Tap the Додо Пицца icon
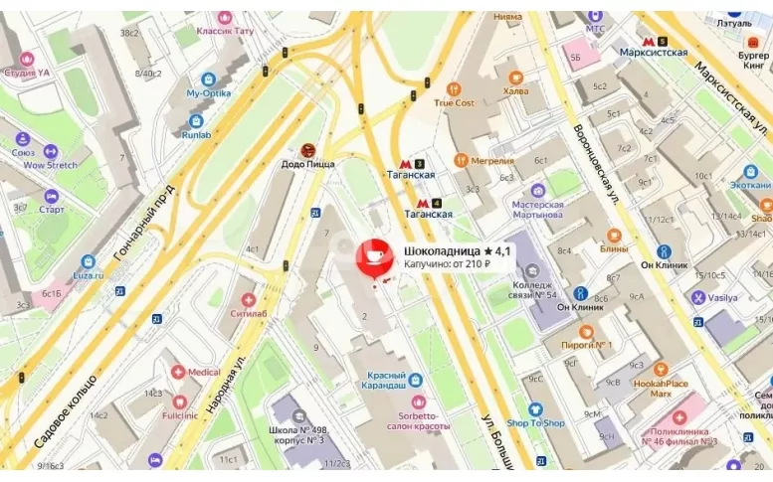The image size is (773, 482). click(x=307, y=150)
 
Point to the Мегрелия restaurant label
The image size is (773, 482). click(x=492, y=161)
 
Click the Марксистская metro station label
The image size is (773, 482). click(x=653, y=53)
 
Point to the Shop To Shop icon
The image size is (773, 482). click(x=535, y=408)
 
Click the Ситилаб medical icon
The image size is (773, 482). click(x=250, y=298)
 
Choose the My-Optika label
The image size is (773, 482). click(x=208, y=92)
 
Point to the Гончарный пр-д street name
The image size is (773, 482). click(x=144, y=224)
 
